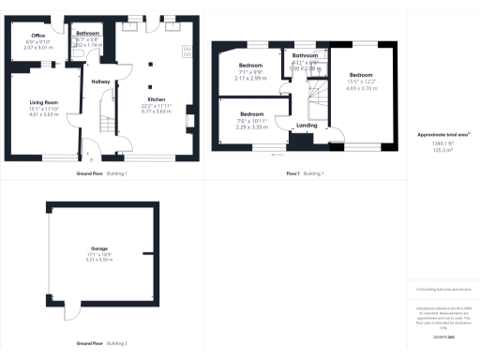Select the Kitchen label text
[x=156, y=98]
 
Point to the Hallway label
[x=101, y=82]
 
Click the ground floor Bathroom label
[x=89, y=33]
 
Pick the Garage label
[x=98, y=248]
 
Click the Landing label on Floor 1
[x=307, y=125]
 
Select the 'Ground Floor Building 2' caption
[x=102, y=344]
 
